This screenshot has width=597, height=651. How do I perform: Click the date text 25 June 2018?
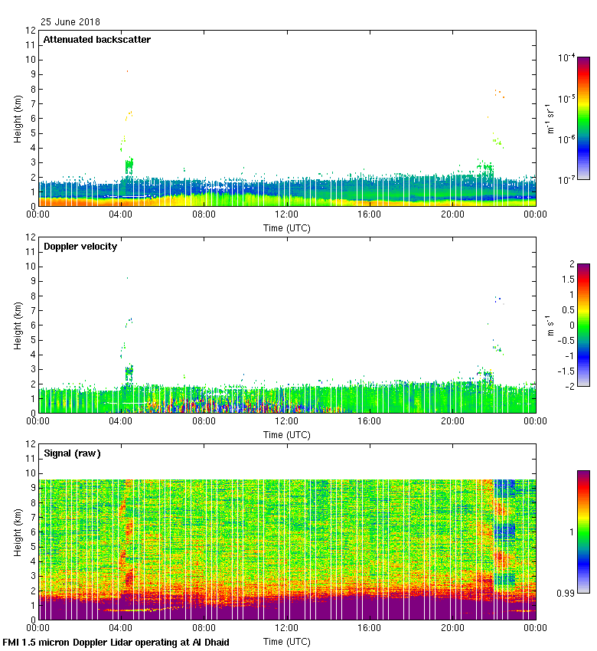coord(70,22)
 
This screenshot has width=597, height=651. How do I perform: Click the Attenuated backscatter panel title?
coord(96,40)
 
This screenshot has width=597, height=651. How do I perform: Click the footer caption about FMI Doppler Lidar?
coord(116,642)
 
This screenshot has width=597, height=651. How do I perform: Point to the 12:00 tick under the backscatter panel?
coord(287,215)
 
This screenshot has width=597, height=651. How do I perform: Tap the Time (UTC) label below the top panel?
coord(287,227)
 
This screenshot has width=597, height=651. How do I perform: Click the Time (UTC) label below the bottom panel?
coord(287,641)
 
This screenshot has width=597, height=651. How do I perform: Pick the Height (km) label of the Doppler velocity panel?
coord(18,325)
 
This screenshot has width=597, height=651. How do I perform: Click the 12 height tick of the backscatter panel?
coord(31,31)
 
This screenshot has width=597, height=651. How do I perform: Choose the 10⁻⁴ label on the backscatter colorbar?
coord(567,57)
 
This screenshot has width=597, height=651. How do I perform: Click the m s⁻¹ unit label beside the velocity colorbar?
coord(550,325)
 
